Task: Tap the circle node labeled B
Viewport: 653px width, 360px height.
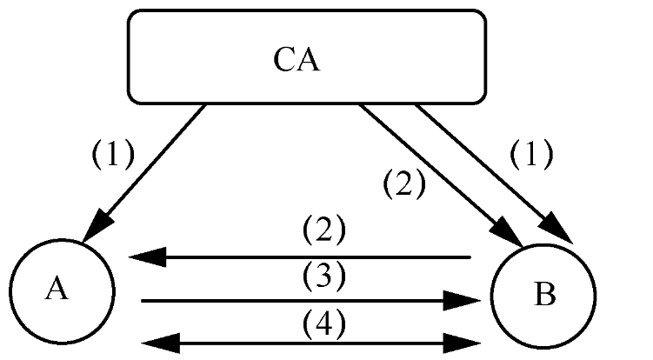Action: click(543, 296)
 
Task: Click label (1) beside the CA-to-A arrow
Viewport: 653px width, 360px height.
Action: click(113, 155)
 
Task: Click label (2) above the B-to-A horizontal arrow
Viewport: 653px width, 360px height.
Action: click(324, 231)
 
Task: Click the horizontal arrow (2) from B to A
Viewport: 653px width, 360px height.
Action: click(304, 257)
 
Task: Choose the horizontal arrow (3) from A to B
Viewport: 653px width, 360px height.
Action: click(304, 301)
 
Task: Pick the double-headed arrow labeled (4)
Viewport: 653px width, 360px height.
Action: click(304, 342)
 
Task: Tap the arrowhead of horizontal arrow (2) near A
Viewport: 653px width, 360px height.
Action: click(143, 257)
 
